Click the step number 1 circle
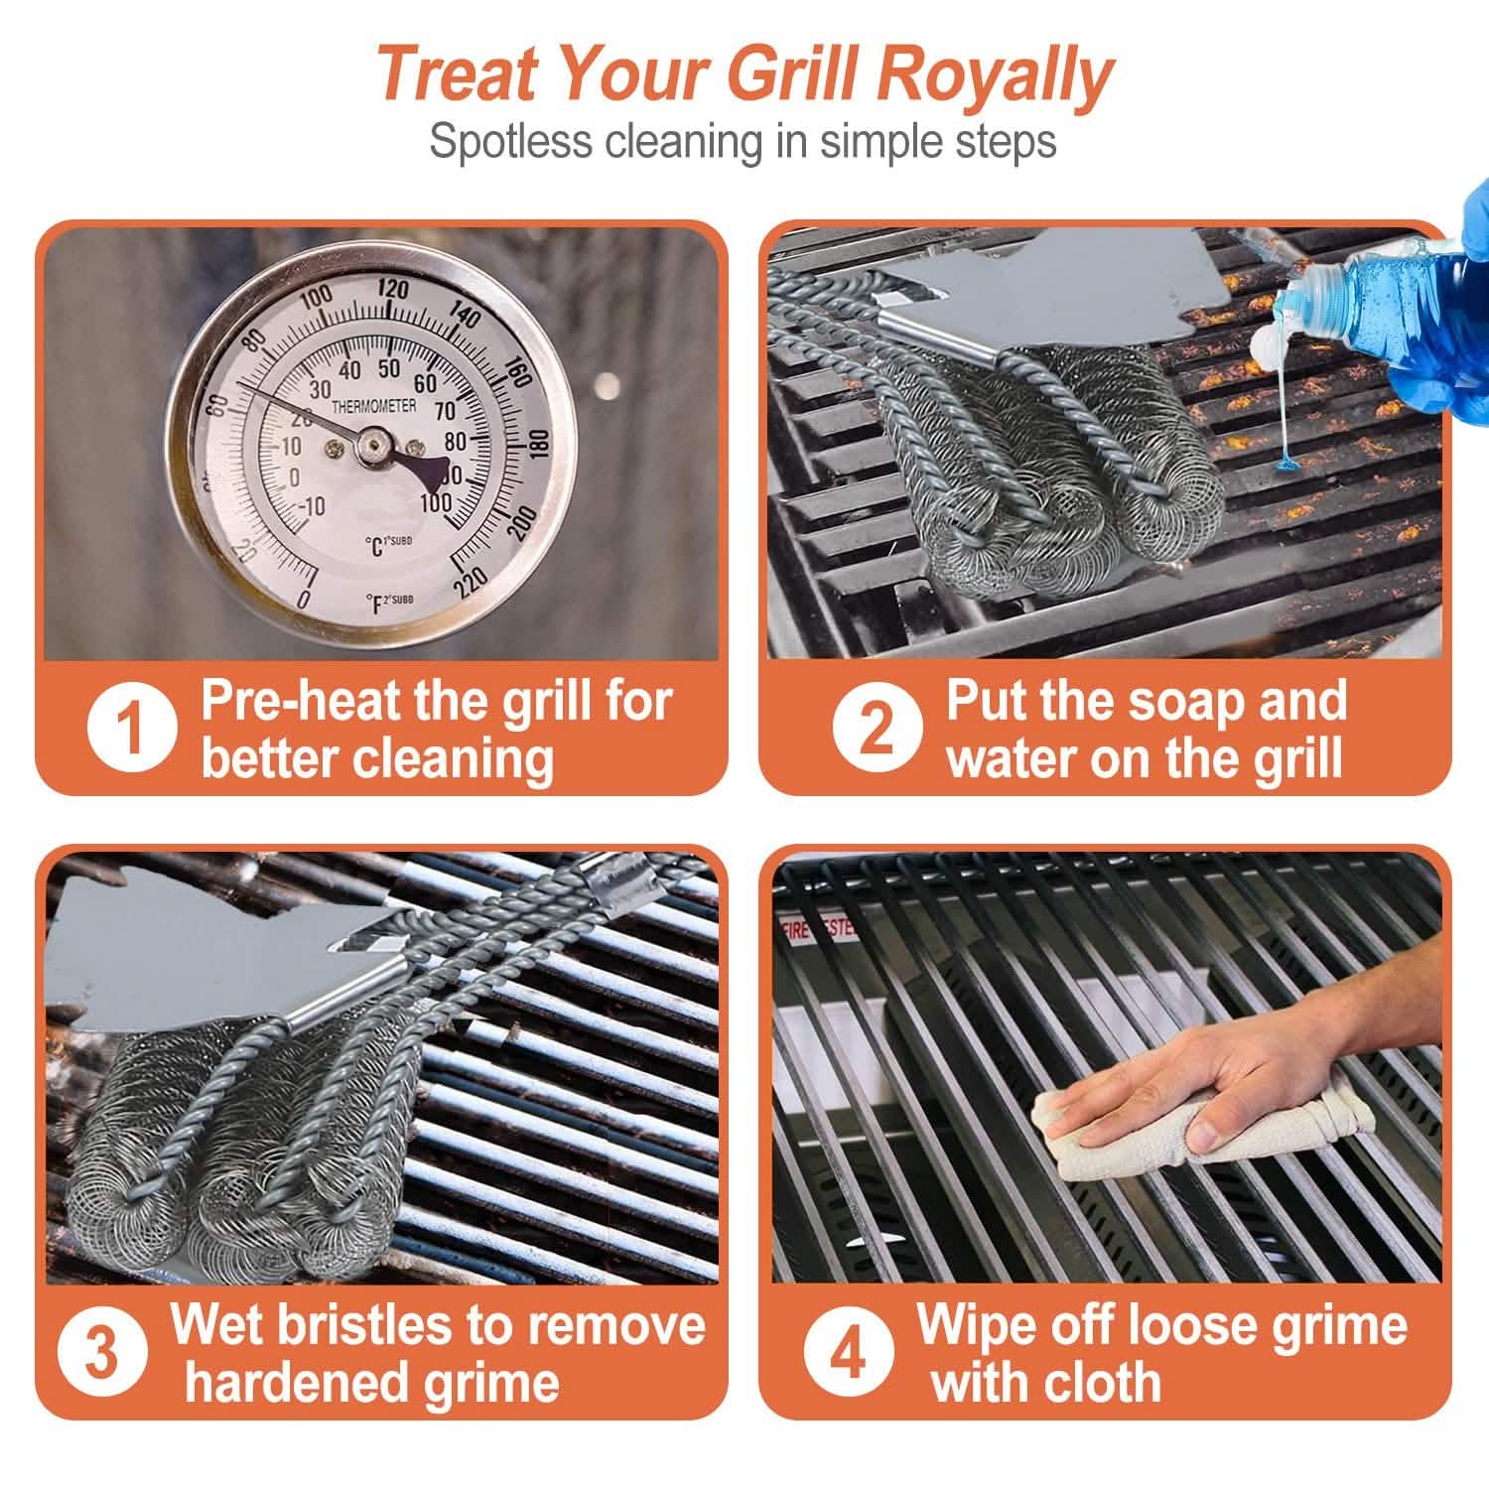(130, 730)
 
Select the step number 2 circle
(876, 730)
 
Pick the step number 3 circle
(100, 1353)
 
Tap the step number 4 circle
(848, 1353)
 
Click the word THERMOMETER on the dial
(373, 407)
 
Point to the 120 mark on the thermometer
(393, 290)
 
